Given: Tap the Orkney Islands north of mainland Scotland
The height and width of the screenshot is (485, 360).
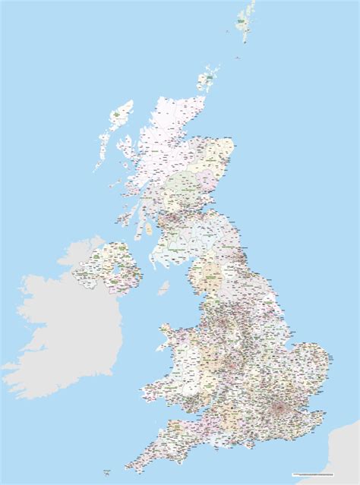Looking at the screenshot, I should click(x=207, y=77).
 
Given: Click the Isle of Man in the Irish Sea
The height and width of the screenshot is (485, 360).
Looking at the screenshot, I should click(x=163, y=288).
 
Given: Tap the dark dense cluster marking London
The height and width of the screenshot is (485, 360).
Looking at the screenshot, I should click(x=280, y=411).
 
